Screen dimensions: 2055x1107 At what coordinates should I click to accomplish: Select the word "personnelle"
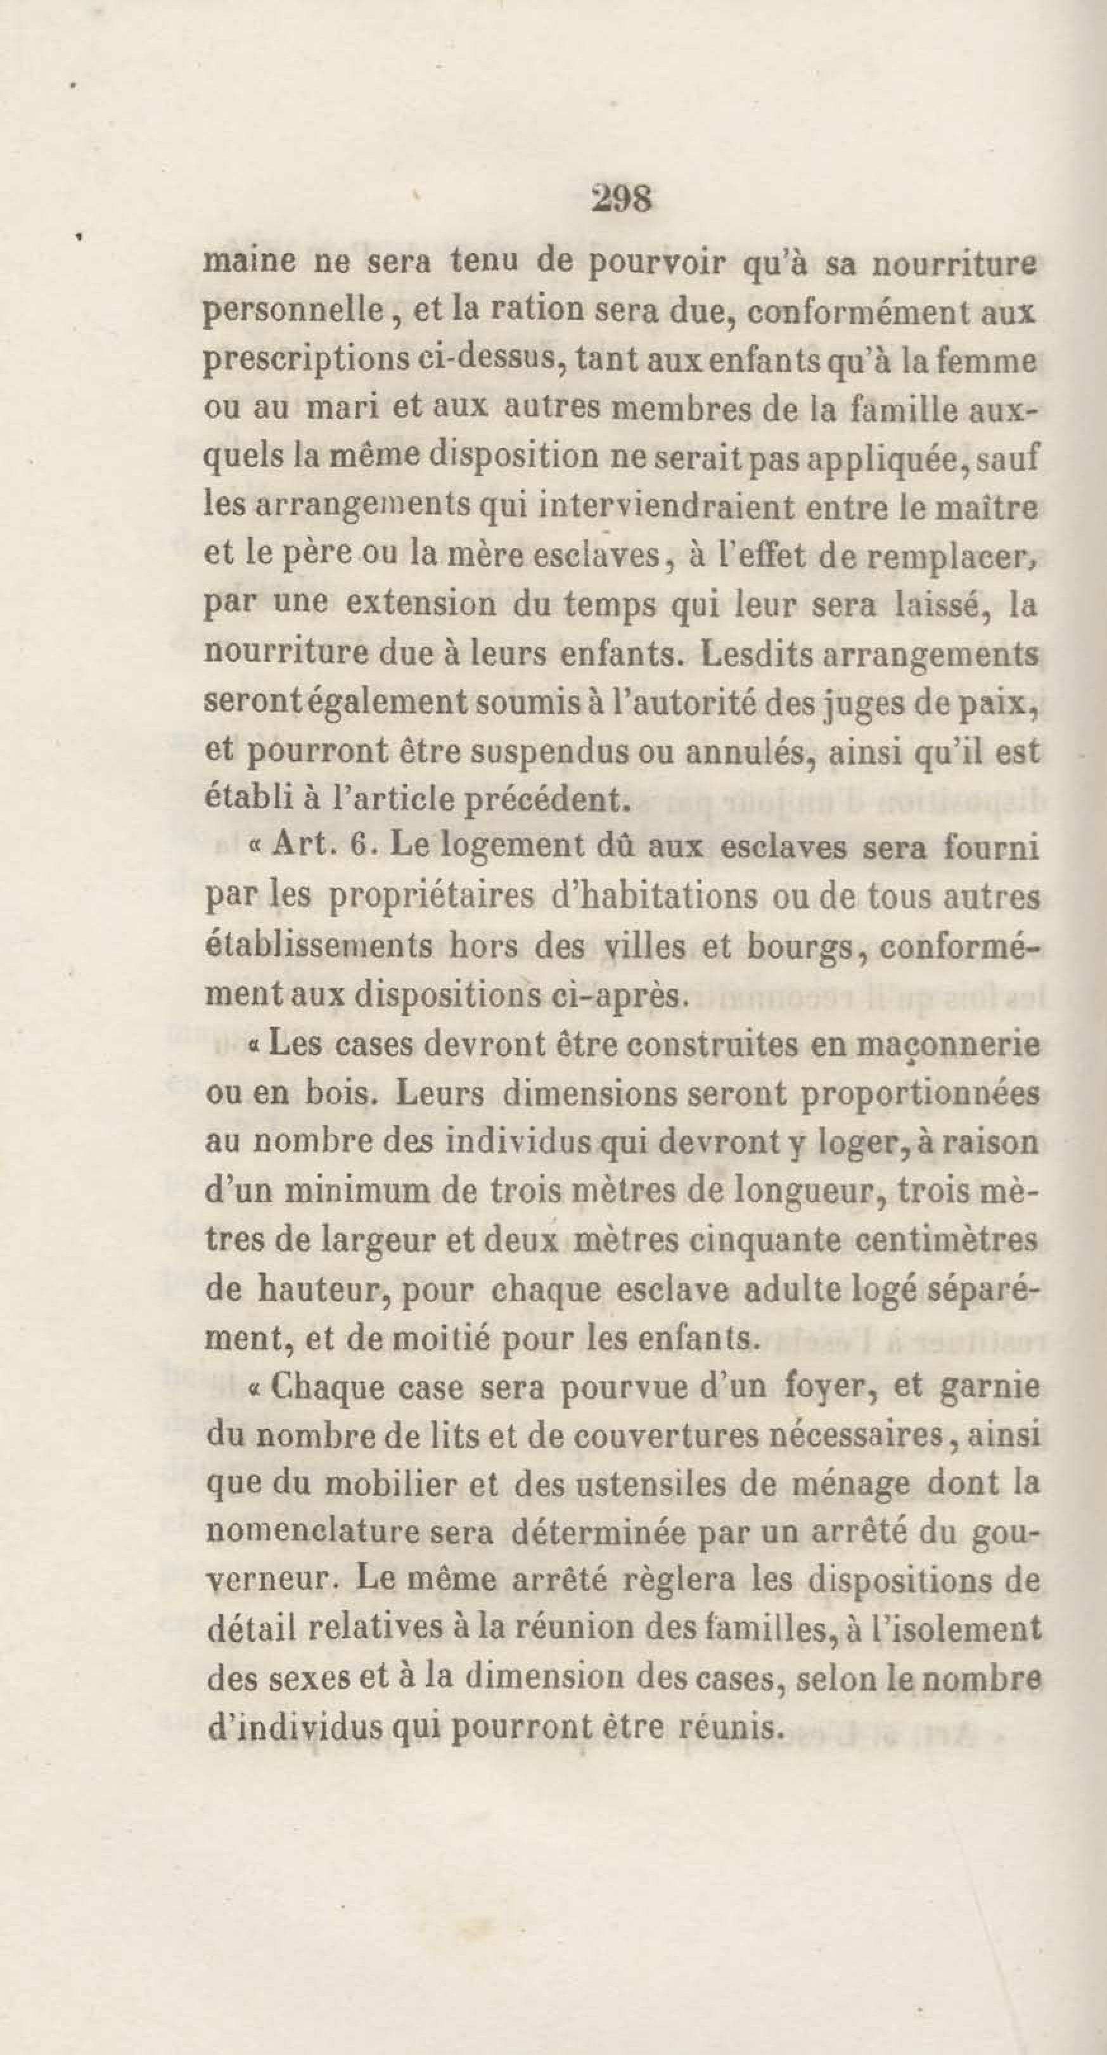pos(293,312)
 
